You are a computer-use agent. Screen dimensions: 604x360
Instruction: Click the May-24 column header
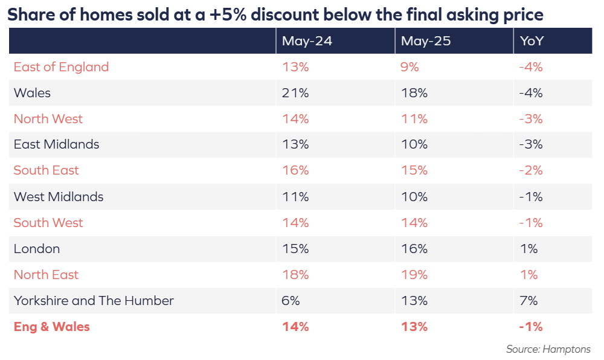307,41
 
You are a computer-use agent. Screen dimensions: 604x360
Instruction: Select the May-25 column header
426,41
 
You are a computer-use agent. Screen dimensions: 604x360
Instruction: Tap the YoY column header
532,41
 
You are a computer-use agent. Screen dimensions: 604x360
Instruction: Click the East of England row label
61,67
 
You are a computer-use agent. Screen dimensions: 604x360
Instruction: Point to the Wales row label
32,93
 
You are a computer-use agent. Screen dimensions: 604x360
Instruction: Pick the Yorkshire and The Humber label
94,300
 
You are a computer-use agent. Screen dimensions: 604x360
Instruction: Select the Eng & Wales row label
51,327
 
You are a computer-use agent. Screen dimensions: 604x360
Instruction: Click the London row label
37,249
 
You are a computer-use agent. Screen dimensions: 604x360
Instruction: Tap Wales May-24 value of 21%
295,93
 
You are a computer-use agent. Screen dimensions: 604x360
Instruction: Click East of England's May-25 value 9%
410,67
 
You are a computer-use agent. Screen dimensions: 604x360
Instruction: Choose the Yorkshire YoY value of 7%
528,300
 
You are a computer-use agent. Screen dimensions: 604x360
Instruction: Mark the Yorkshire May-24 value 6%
291,300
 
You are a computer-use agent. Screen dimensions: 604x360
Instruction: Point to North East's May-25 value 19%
414,274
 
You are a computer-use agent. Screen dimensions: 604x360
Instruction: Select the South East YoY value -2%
531,170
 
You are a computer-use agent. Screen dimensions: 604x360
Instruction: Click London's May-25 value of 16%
414,249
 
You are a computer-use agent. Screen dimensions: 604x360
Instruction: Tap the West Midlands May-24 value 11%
295,197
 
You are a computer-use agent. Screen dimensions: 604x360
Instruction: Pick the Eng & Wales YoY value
531,327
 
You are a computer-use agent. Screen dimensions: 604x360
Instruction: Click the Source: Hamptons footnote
548,349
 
